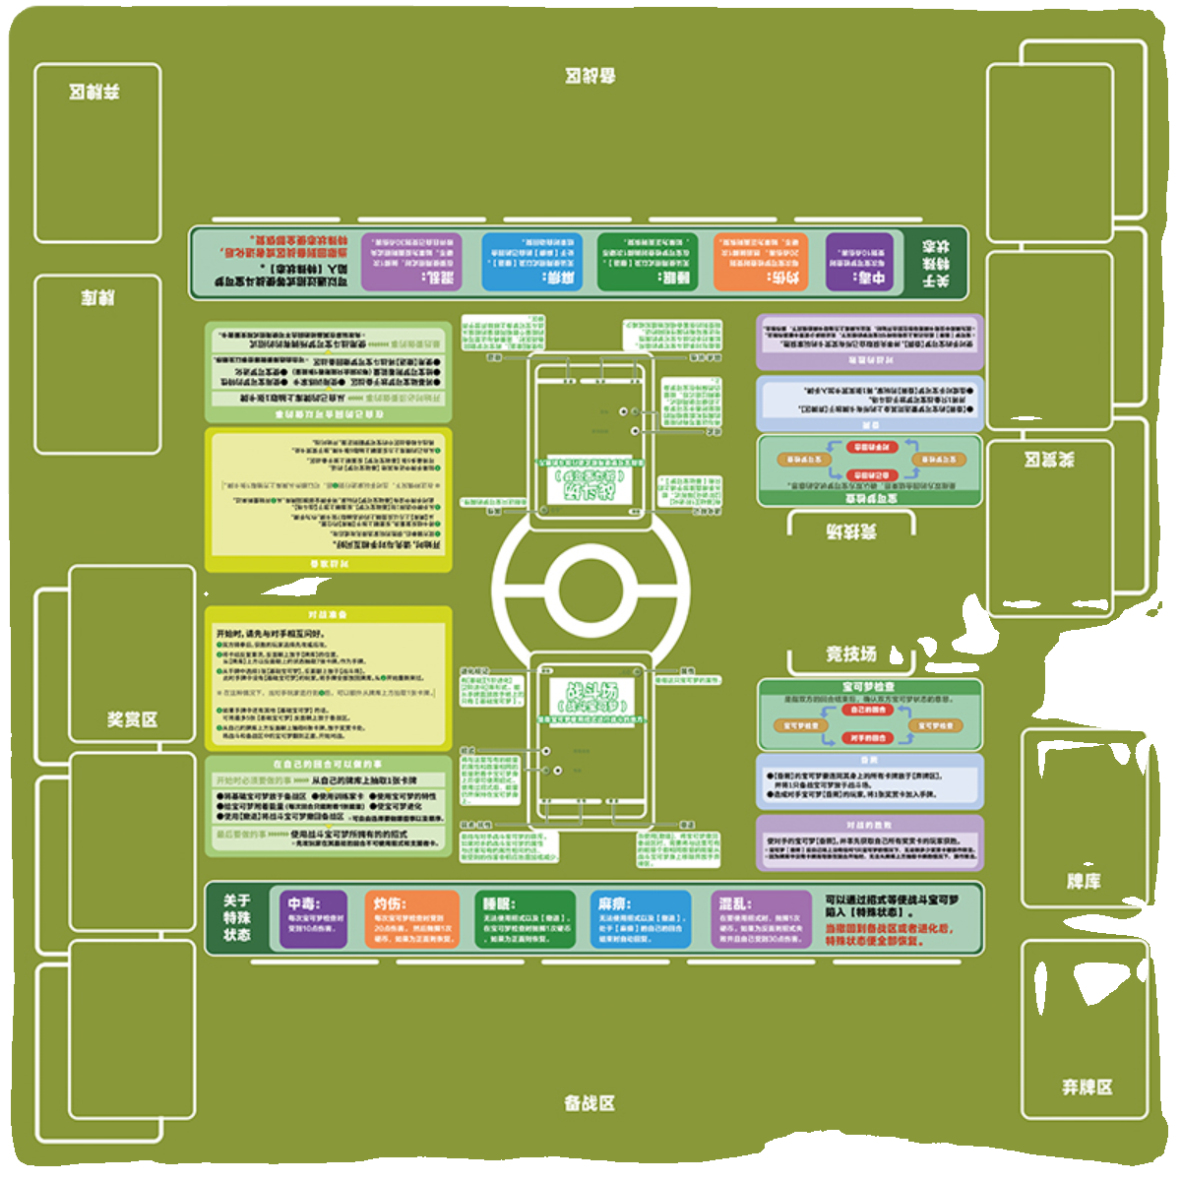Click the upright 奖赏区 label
132,719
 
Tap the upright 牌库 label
1083,881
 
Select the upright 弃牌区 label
1087,1087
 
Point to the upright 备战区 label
590,1103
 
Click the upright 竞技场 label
850,654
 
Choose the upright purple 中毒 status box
314,919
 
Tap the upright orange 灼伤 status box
414,919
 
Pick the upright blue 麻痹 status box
641,919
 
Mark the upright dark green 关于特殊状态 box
237,918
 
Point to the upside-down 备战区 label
590,77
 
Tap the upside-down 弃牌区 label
94,93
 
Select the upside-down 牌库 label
97,297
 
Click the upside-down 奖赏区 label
1049,460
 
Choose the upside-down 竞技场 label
851,532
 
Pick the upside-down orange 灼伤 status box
761,263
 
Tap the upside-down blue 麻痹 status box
532,263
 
